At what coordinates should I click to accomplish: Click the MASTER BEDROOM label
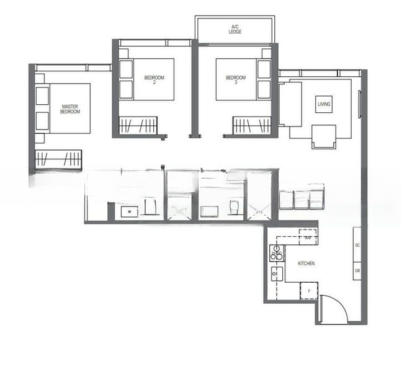coord(70,108)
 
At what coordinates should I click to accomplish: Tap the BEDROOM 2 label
coord(154,79)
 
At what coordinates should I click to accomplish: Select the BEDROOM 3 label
coord(236,79)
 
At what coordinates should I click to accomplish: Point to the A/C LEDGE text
coord(235,29)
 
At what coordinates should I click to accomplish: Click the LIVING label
coord(324,104)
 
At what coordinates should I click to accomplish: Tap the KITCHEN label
coord(306,263)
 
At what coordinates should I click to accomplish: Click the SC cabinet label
coord(357,246)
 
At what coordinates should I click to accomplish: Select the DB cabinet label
coord(357,270)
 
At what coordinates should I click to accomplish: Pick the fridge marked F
coord(309,290)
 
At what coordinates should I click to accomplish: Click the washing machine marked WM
coord(308,237)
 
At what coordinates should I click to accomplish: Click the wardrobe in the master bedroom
coord(58,159)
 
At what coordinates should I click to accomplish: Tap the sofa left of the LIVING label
coord(290,104)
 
